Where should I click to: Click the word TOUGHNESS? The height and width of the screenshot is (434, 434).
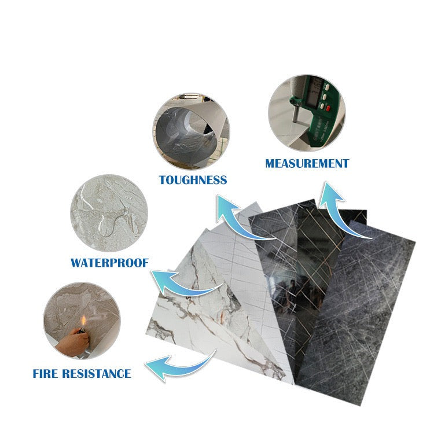193,180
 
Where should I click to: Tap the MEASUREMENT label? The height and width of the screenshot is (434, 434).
307,164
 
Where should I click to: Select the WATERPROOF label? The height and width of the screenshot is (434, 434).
109,263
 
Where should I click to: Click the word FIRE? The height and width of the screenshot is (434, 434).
45,373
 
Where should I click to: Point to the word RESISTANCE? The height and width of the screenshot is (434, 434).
97,373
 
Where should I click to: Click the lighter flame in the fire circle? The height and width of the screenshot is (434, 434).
83,321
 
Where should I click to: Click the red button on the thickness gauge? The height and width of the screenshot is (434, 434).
328,108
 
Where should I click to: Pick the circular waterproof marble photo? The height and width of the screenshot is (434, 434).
109,213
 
